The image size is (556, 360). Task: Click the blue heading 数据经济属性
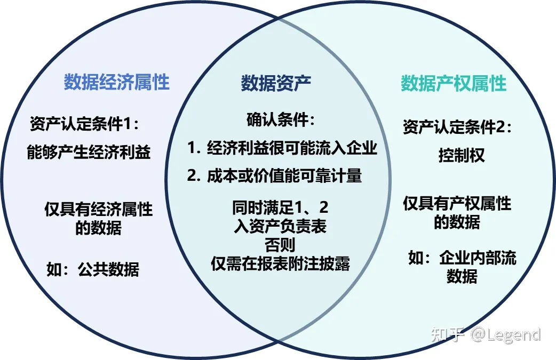click(116, 83)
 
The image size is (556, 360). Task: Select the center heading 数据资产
click(276, 83)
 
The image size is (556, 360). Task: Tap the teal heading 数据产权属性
click(454, 83)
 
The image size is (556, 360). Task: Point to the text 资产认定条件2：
click(458, 128)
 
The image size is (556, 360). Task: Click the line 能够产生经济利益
click(89, 153)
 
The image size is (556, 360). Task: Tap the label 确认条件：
click(281, 120)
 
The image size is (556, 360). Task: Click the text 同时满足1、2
click(280, 207)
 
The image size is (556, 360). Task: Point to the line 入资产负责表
click(280, 227)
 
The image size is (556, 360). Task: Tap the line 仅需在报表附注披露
click(280, 263)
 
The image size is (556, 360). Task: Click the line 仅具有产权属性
click(457, 204)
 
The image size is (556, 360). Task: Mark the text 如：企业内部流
click(462, 259)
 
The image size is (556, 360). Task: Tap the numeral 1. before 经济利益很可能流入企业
click(193, 148)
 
